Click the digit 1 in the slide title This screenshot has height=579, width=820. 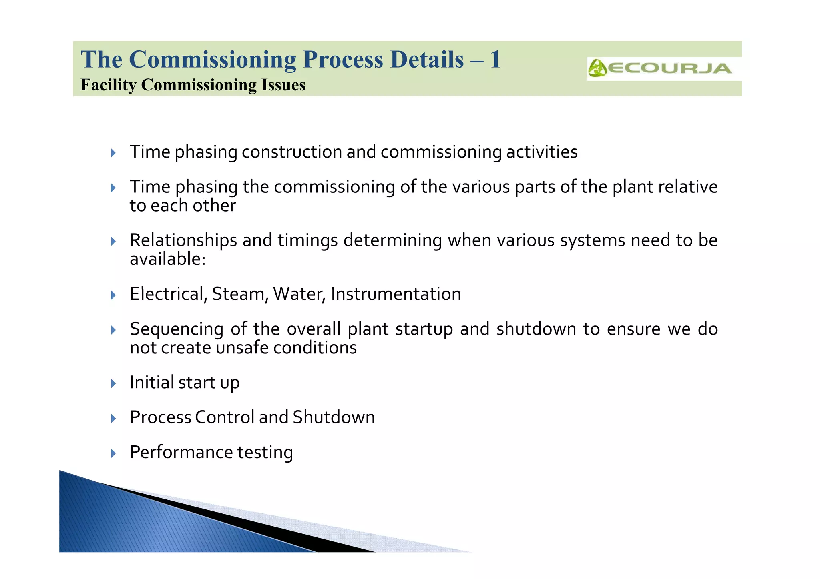click(x=495, y=60)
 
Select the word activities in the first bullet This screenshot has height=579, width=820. click(x=542, y=152)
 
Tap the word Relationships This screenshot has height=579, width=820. click(x=183, y=240)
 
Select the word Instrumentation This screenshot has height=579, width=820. click(x=396, y=294)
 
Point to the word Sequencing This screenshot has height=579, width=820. click(x=177, y=329)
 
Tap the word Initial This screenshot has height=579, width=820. click(x=152, y=382)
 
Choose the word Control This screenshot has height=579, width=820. click(x=225, y=417)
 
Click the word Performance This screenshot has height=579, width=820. click(x=181, y=453)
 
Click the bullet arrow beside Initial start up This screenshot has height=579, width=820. click(x=113, y=383)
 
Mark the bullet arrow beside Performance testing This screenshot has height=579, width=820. click(x=113, y=453)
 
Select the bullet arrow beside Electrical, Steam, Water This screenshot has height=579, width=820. click(x=113, y=295)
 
